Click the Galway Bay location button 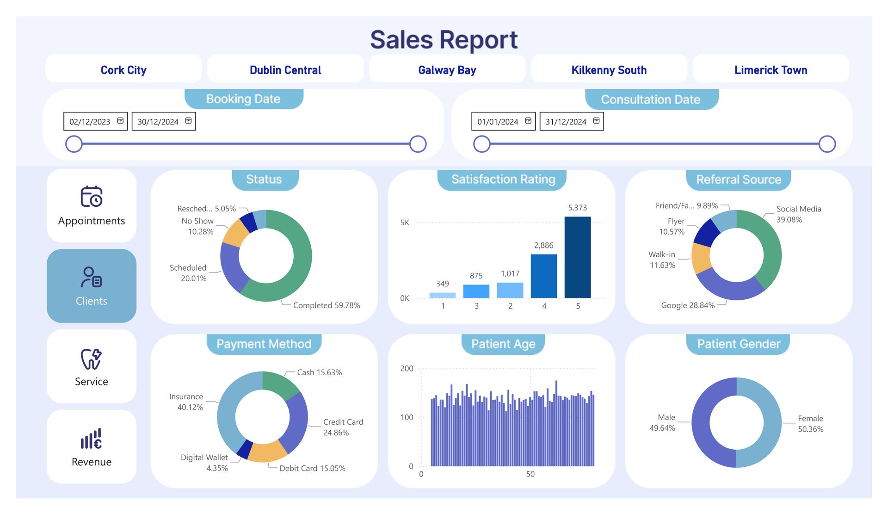tap(447, 69)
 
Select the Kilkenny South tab tap(609, 69)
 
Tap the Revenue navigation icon tap(92, 439)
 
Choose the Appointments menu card tap(92, 205)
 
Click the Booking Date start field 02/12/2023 tap(95, 121)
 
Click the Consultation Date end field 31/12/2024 tap(572, 121)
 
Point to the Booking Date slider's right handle tap(418, 144)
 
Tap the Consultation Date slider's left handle tap(481, 144)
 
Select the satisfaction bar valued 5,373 tap(577, 257)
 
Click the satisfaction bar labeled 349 tap(442, 295)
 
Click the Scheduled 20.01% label tap(188, 273)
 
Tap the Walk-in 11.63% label tap(662, 260)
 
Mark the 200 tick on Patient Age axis tap(407, 369)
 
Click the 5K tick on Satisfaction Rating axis tap(405, 223)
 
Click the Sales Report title tap(444, 40)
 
